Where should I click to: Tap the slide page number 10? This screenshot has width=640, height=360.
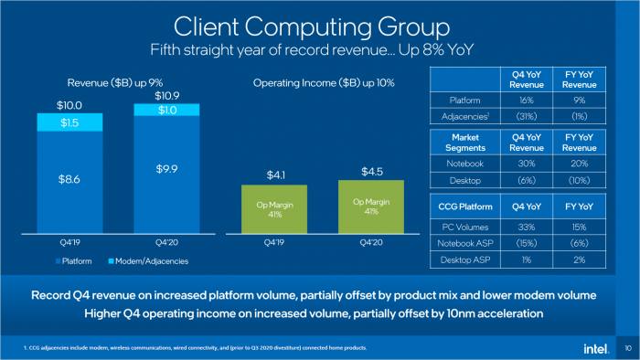click(626, 348)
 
